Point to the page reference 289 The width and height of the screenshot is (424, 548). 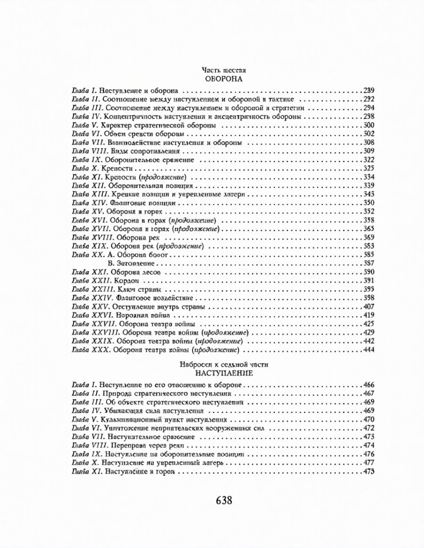(369, 90)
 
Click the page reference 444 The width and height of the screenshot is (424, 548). (369, 350)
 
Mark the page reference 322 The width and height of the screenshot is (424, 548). (369, 159)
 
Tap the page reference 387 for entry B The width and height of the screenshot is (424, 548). (369, 264)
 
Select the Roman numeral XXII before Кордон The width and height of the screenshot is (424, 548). (98, 281)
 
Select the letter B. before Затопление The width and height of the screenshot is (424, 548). (114, 264)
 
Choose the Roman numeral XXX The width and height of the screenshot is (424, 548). (97, 350)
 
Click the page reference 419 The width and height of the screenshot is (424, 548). (369, 315)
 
